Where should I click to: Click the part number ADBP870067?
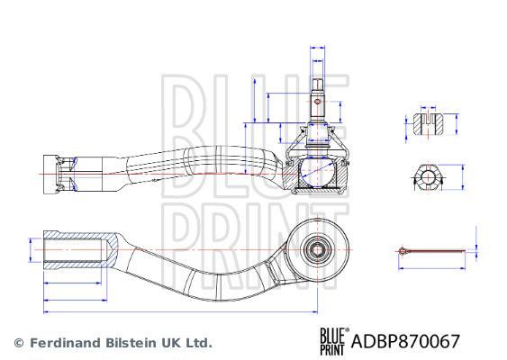pos(408,342)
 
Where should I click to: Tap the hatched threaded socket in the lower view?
pos(77,247)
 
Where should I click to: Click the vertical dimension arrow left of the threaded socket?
pos(32,248)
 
